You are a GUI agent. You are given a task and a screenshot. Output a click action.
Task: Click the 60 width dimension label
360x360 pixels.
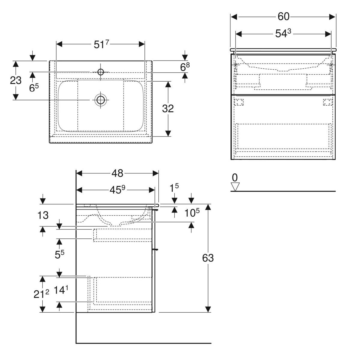point(283,16)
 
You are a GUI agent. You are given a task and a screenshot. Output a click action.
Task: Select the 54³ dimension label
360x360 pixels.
point(283,34)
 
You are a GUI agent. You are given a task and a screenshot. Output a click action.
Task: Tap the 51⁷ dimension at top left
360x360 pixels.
point(101,44)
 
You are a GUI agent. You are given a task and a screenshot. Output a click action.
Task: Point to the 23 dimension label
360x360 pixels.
point(16,80)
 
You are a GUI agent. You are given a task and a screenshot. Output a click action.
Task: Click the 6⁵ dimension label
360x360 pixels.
point(34,88)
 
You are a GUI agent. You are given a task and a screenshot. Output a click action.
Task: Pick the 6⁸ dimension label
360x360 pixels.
point(185,67)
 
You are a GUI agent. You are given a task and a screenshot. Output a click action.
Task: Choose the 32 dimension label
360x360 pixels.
point(168,109)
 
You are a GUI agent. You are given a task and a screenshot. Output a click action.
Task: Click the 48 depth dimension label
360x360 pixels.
point(117,173)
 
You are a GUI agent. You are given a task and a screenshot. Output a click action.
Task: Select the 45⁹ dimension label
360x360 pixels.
point(117,190)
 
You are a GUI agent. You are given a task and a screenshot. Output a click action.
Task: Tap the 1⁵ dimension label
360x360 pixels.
point(174,188)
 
